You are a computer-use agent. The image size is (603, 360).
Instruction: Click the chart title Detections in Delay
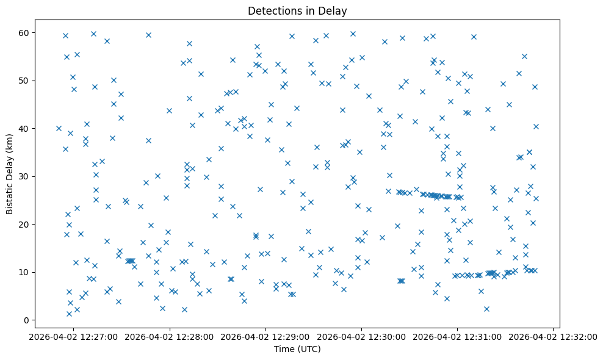click(x=297, y=10)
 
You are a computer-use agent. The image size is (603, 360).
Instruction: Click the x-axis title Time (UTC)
click(x=297, y=349)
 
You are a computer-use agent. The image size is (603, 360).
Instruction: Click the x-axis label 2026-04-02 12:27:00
click(x=74, y=336)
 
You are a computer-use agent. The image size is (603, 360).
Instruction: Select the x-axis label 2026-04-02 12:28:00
click(x=170, y=336)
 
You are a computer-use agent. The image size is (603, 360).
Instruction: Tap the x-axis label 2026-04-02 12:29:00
click(x=265, y=336)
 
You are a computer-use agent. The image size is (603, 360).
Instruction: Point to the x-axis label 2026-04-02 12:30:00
click(x=361, y=336)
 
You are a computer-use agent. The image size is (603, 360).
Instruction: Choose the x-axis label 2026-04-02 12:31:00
click(x=457, y=336)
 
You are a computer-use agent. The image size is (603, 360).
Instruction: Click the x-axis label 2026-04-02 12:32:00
click(x=553, y=336)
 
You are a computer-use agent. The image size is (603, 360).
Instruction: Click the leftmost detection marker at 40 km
click(x=59, y=128)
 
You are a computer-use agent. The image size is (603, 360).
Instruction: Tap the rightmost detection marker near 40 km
click(x=536, y=126)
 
